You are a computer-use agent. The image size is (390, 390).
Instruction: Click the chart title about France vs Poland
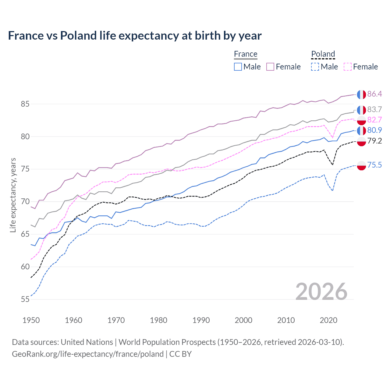(135, 36)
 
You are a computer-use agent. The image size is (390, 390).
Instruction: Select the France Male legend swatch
(238, 67)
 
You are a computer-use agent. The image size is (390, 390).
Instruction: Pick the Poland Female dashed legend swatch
(348, 67)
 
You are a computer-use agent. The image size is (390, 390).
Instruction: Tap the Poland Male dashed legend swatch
(315, 67)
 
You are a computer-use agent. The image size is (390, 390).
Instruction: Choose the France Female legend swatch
(270, 67)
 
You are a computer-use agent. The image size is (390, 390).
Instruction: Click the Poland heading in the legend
(323, 54)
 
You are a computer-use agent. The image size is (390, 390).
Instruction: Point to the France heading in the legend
(246, 54)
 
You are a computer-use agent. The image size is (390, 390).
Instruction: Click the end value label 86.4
(374, 94)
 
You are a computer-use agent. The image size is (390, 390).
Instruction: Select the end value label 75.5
(374, 165)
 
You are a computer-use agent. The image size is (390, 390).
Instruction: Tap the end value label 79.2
(374, 141)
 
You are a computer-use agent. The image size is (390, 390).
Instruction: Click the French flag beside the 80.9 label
(361, 131)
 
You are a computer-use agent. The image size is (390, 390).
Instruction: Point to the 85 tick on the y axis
(25, 104)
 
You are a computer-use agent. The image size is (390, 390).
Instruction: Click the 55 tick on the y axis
(25, 299)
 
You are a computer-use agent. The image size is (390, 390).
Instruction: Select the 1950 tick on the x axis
(31, 320)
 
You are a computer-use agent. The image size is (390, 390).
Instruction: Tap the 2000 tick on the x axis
(243, 320)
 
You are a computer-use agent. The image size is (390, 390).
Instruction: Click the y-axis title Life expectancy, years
(13, 195)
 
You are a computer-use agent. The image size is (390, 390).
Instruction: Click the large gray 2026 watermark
(321, 292)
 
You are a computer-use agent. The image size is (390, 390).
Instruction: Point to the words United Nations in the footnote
(87, 342)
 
